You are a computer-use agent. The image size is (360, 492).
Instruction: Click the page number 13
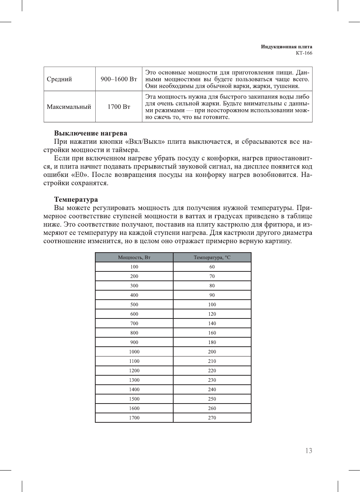[x=308, y=451]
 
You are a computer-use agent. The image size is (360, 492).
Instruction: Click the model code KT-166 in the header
[x=304, y=53]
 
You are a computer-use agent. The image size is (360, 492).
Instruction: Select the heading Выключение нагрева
[x=90, y=133]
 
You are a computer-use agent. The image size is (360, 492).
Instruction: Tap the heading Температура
[x=76, y=200]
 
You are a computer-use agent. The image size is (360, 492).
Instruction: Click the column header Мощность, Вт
[x=134, y=257]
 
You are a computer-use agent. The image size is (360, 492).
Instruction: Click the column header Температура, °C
[x=212, y=257]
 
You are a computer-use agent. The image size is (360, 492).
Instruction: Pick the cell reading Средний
[x=59, y=79]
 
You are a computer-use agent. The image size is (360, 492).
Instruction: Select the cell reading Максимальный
[x=69, y=107]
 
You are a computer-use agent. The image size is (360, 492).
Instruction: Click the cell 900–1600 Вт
[x=119, y=79]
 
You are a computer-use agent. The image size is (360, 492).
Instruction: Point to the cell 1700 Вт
[x=119, y=107]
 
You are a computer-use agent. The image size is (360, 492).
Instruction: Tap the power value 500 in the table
[x=134, y=305]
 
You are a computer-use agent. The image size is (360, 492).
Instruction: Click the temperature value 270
[x=212, y=418]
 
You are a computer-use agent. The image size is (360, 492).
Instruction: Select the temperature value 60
[x=212, y=267]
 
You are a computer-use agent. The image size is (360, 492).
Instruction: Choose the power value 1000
[x=134, y=352]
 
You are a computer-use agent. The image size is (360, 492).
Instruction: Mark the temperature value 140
[x=212, y=323]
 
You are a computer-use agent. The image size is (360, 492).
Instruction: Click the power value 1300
[x=134, y=380]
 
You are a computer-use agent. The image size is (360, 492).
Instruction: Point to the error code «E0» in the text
[x=79, y=175]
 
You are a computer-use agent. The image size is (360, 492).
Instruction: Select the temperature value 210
[x=212, y=361]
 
